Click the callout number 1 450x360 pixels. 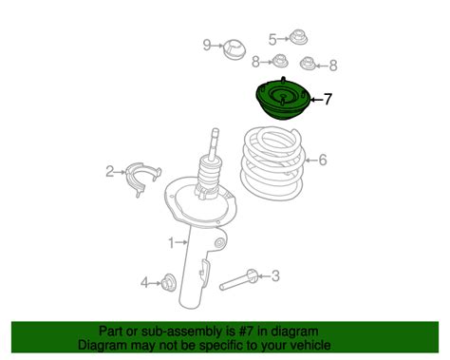(x=171, y=243)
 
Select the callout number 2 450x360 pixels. (x=109, y=172)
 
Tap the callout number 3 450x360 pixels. (x=275, y=276)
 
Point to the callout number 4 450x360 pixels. (x=144, y=283)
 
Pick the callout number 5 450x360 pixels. (x=272, y=39)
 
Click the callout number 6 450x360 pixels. (x=323, y=160)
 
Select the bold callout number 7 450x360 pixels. (x=328, y=99)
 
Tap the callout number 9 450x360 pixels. (x=207, y=46)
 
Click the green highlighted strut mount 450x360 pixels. (x=283, y=99)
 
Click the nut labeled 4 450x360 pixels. (x=168, y=281)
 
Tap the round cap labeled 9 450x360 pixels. (x=234, y=49)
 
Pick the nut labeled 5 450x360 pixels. (x=298, y=38)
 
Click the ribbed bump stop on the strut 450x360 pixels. (x=209, y=173)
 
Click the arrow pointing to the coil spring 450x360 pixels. (x=311, y=161)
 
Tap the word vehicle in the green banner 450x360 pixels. (x=311, y=345)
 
